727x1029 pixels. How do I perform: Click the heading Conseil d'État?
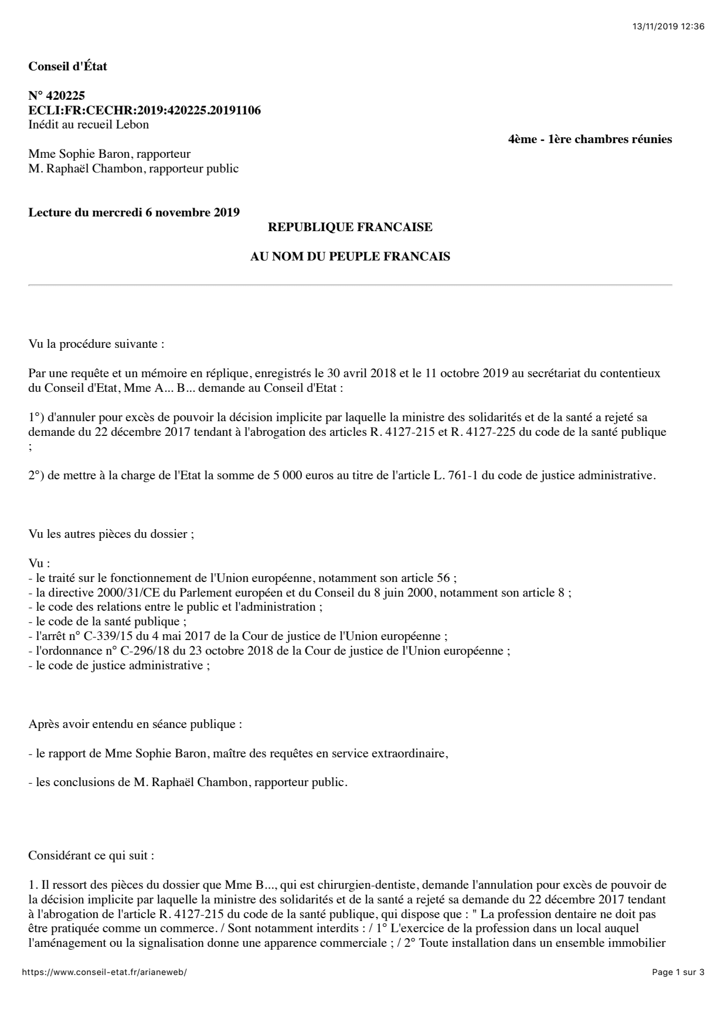pos(67,66)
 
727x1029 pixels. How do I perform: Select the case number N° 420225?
pos(57,96)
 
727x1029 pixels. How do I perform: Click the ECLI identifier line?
pos(144,110)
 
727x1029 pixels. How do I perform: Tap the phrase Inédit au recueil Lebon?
pos(89,124)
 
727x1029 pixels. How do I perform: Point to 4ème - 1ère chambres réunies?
pos(589,140)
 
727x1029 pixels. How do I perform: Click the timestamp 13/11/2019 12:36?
pos(668,26)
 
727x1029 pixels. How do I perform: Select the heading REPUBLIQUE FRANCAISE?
pos(350,227)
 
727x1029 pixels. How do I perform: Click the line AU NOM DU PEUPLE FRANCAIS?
pos(350,256)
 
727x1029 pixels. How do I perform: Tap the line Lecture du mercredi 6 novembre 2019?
pos(134,212)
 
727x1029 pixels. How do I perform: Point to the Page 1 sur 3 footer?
pos(678,972)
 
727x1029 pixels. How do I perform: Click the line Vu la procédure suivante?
pos(96,344)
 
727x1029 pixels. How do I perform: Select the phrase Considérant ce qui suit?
pos(91,855)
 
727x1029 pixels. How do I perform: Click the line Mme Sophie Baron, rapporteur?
pos(109,154)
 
